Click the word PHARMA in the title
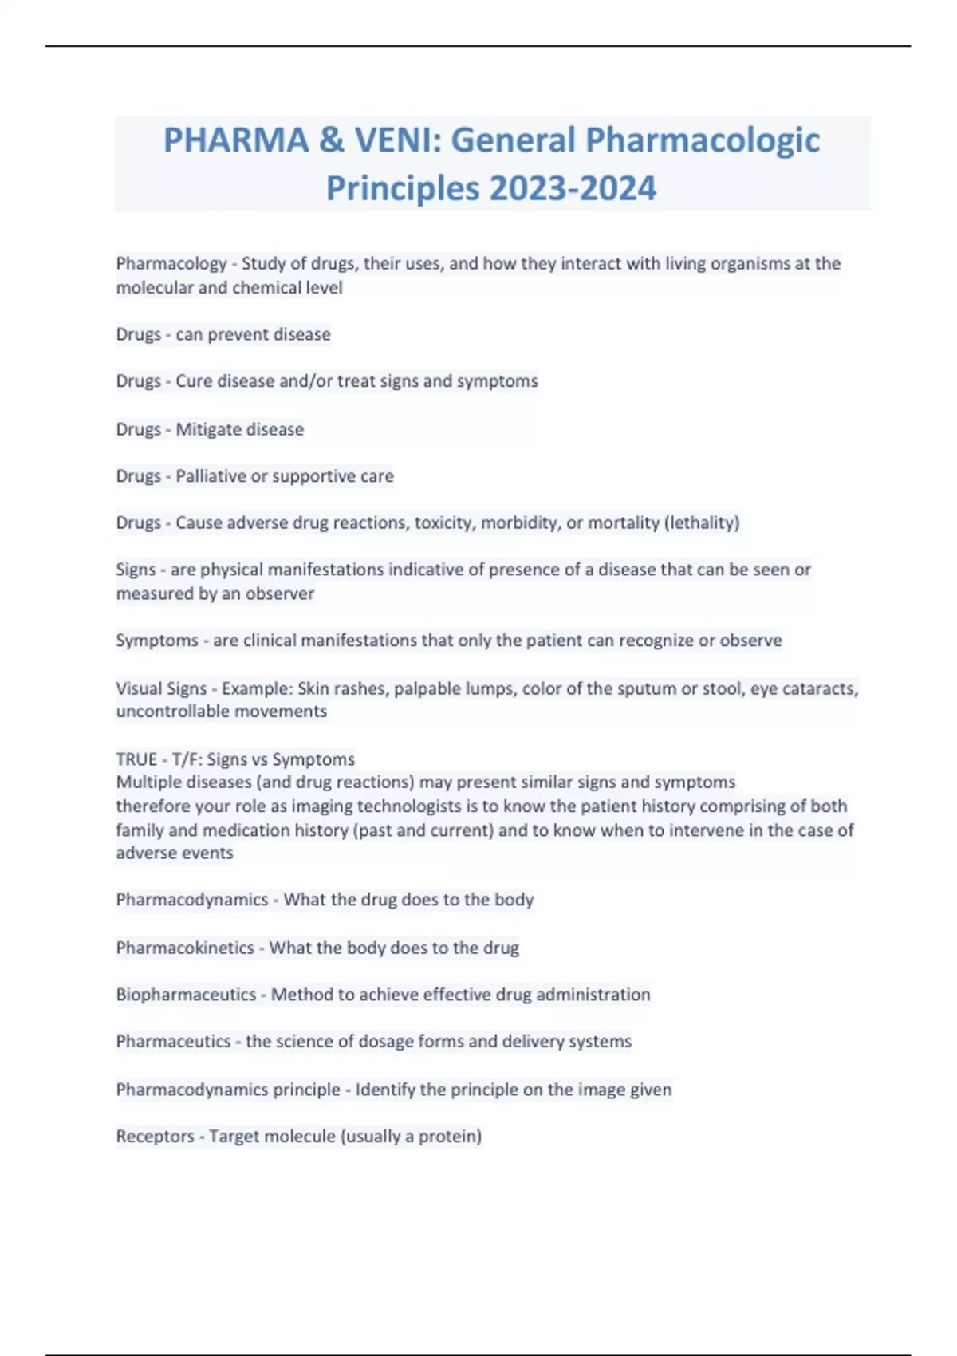236,140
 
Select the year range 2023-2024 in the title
573,189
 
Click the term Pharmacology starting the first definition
171,263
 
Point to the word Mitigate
206,429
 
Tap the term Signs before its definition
136,570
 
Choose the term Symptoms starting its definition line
157,641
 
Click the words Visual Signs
161,688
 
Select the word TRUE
136,759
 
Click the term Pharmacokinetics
185,948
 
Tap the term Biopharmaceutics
186,995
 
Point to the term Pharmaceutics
173,1041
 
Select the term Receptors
155,1136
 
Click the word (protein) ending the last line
454,1136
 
